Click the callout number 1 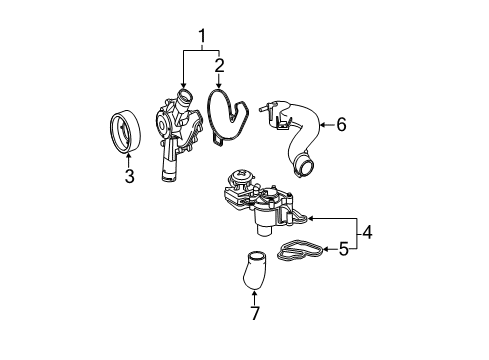[x=202, y=37]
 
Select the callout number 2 [x=219, y=66]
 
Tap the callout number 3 [x=130, y=176]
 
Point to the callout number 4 [x=367, y=232]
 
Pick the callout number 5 [x=344, y=249]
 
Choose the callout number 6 [x=341, y=125]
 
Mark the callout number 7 [x=255, y=313]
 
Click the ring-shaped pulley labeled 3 [x=126, y=132]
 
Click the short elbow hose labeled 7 [x=254, y=271]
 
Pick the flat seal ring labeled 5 [x=301, y=250]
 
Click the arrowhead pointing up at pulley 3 [x=129, y=155]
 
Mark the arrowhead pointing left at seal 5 [x=327, y=249]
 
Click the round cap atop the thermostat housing [x=240, y=175]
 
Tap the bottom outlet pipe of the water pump [x=168, y=163]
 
